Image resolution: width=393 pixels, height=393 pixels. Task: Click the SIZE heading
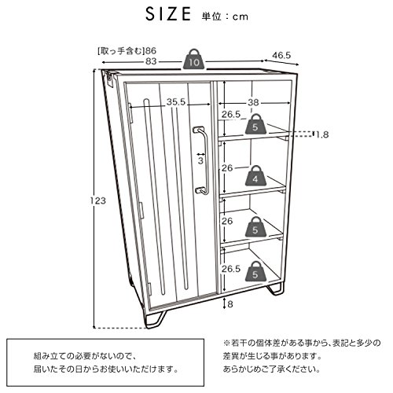pos(168,14)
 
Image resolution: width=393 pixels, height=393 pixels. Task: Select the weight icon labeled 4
pos(255,176)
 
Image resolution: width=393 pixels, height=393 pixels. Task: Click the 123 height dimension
pos(98,200)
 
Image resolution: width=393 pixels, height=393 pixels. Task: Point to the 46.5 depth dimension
pos(281,56)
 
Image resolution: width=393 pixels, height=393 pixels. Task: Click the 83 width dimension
pos(151,61)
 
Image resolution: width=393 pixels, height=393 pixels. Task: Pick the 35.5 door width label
pos(176,102)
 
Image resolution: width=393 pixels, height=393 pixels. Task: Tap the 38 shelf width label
pos(253,102)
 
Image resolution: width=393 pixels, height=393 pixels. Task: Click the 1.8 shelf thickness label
pos(321,134)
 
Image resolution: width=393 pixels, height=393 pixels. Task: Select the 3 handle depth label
pos(200,160)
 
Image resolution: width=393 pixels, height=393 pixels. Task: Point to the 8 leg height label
pos(230,304)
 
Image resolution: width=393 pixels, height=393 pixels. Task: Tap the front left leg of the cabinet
pos(155,320)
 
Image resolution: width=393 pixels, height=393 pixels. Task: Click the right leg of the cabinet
pos(274,288)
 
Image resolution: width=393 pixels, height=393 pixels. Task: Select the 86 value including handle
pos(151,50)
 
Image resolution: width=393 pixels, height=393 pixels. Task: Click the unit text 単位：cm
pos(225,17)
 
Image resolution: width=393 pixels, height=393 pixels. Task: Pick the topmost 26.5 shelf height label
pos(231,115)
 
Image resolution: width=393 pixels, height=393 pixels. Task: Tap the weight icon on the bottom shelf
pos(255,271)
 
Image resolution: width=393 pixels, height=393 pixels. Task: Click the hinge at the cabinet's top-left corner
pos(109,78)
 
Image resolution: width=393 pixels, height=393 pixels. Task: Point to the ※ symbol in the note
pos(226,343)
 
